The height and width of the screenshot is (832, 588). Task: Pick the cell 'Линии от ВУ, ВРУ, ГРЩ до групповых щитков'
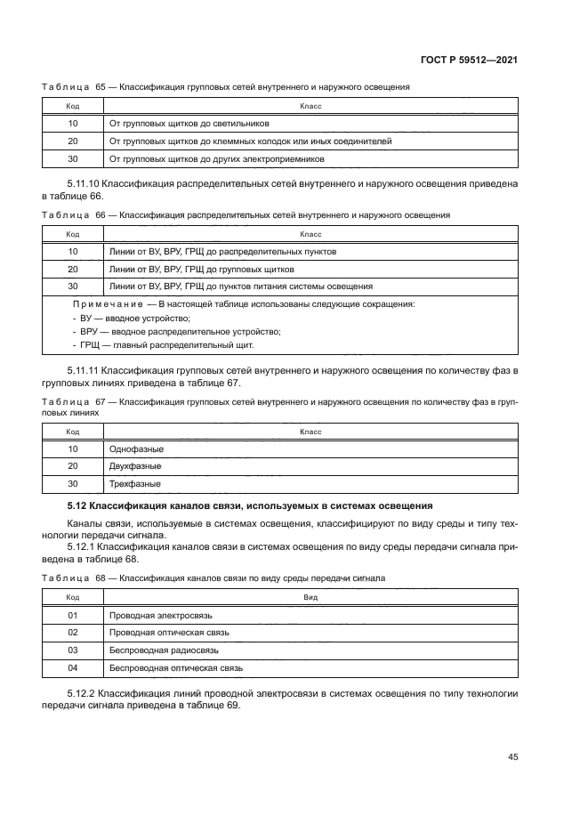tap(201, 269)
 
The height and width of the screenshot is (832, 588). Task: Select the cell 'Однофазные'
tap(135, 448)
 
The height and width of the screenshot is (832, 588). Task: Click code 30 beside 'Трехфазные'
tap(73, 484)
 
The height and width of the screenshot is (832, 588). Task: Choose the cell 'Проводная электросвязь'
tap(160, 615)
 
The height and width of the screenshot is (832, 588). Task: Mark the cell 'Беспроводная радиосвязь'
tap(164, 650)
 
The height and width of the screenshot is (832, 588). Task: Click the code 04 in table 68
tap(73, 667)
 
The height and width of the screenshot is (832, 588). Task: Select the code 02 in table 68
tap(73, 633)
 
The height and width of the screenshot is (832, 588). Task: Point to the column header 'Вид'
tap(310, 598)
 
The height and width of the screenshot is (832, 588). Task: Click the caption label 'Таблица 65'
tap(74, 87)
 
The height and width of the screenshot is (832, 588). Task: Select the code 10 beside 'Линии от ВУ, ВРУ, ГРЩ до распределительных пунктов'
tap(73, 252)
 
